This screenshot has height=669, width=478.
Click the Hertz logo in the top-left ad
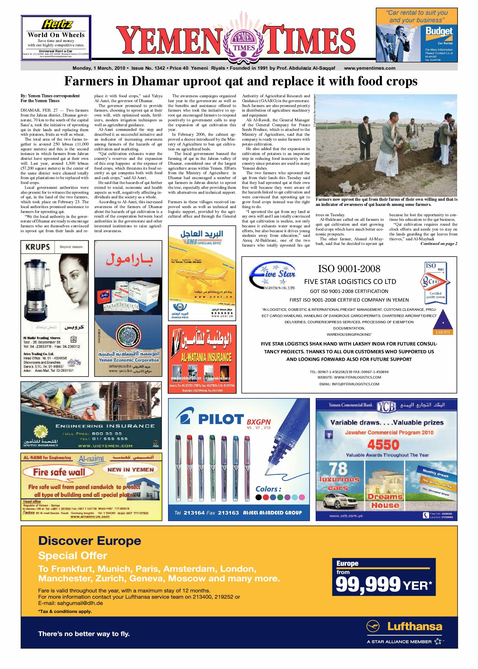pos(57,24)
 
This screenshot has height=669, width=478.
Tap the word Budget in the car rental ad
pos(439,31)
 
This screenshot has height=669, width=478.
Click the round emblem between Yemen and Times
pos(243,42)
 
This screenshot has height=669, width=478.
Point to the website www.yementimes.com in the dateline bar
pos(369,68)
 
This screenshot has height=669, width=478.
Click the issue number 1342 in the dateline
pos(160,68)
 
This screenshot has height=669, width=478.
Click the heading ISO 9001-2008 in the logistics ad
pos(349,269)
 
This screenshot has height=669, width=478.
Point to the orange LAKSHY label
pos(443,332)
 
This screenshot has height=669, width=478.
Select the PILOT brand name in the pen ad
pos(221,419)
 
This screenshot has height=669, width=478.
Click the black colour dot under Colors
pos(259,497)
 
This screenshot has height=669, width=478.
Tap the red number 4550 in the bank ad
pos(383,445)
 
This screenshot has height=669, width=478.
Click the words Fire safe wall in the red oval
pos(59,472)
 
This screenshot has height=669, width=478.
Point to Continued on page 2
pos(438,243)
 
